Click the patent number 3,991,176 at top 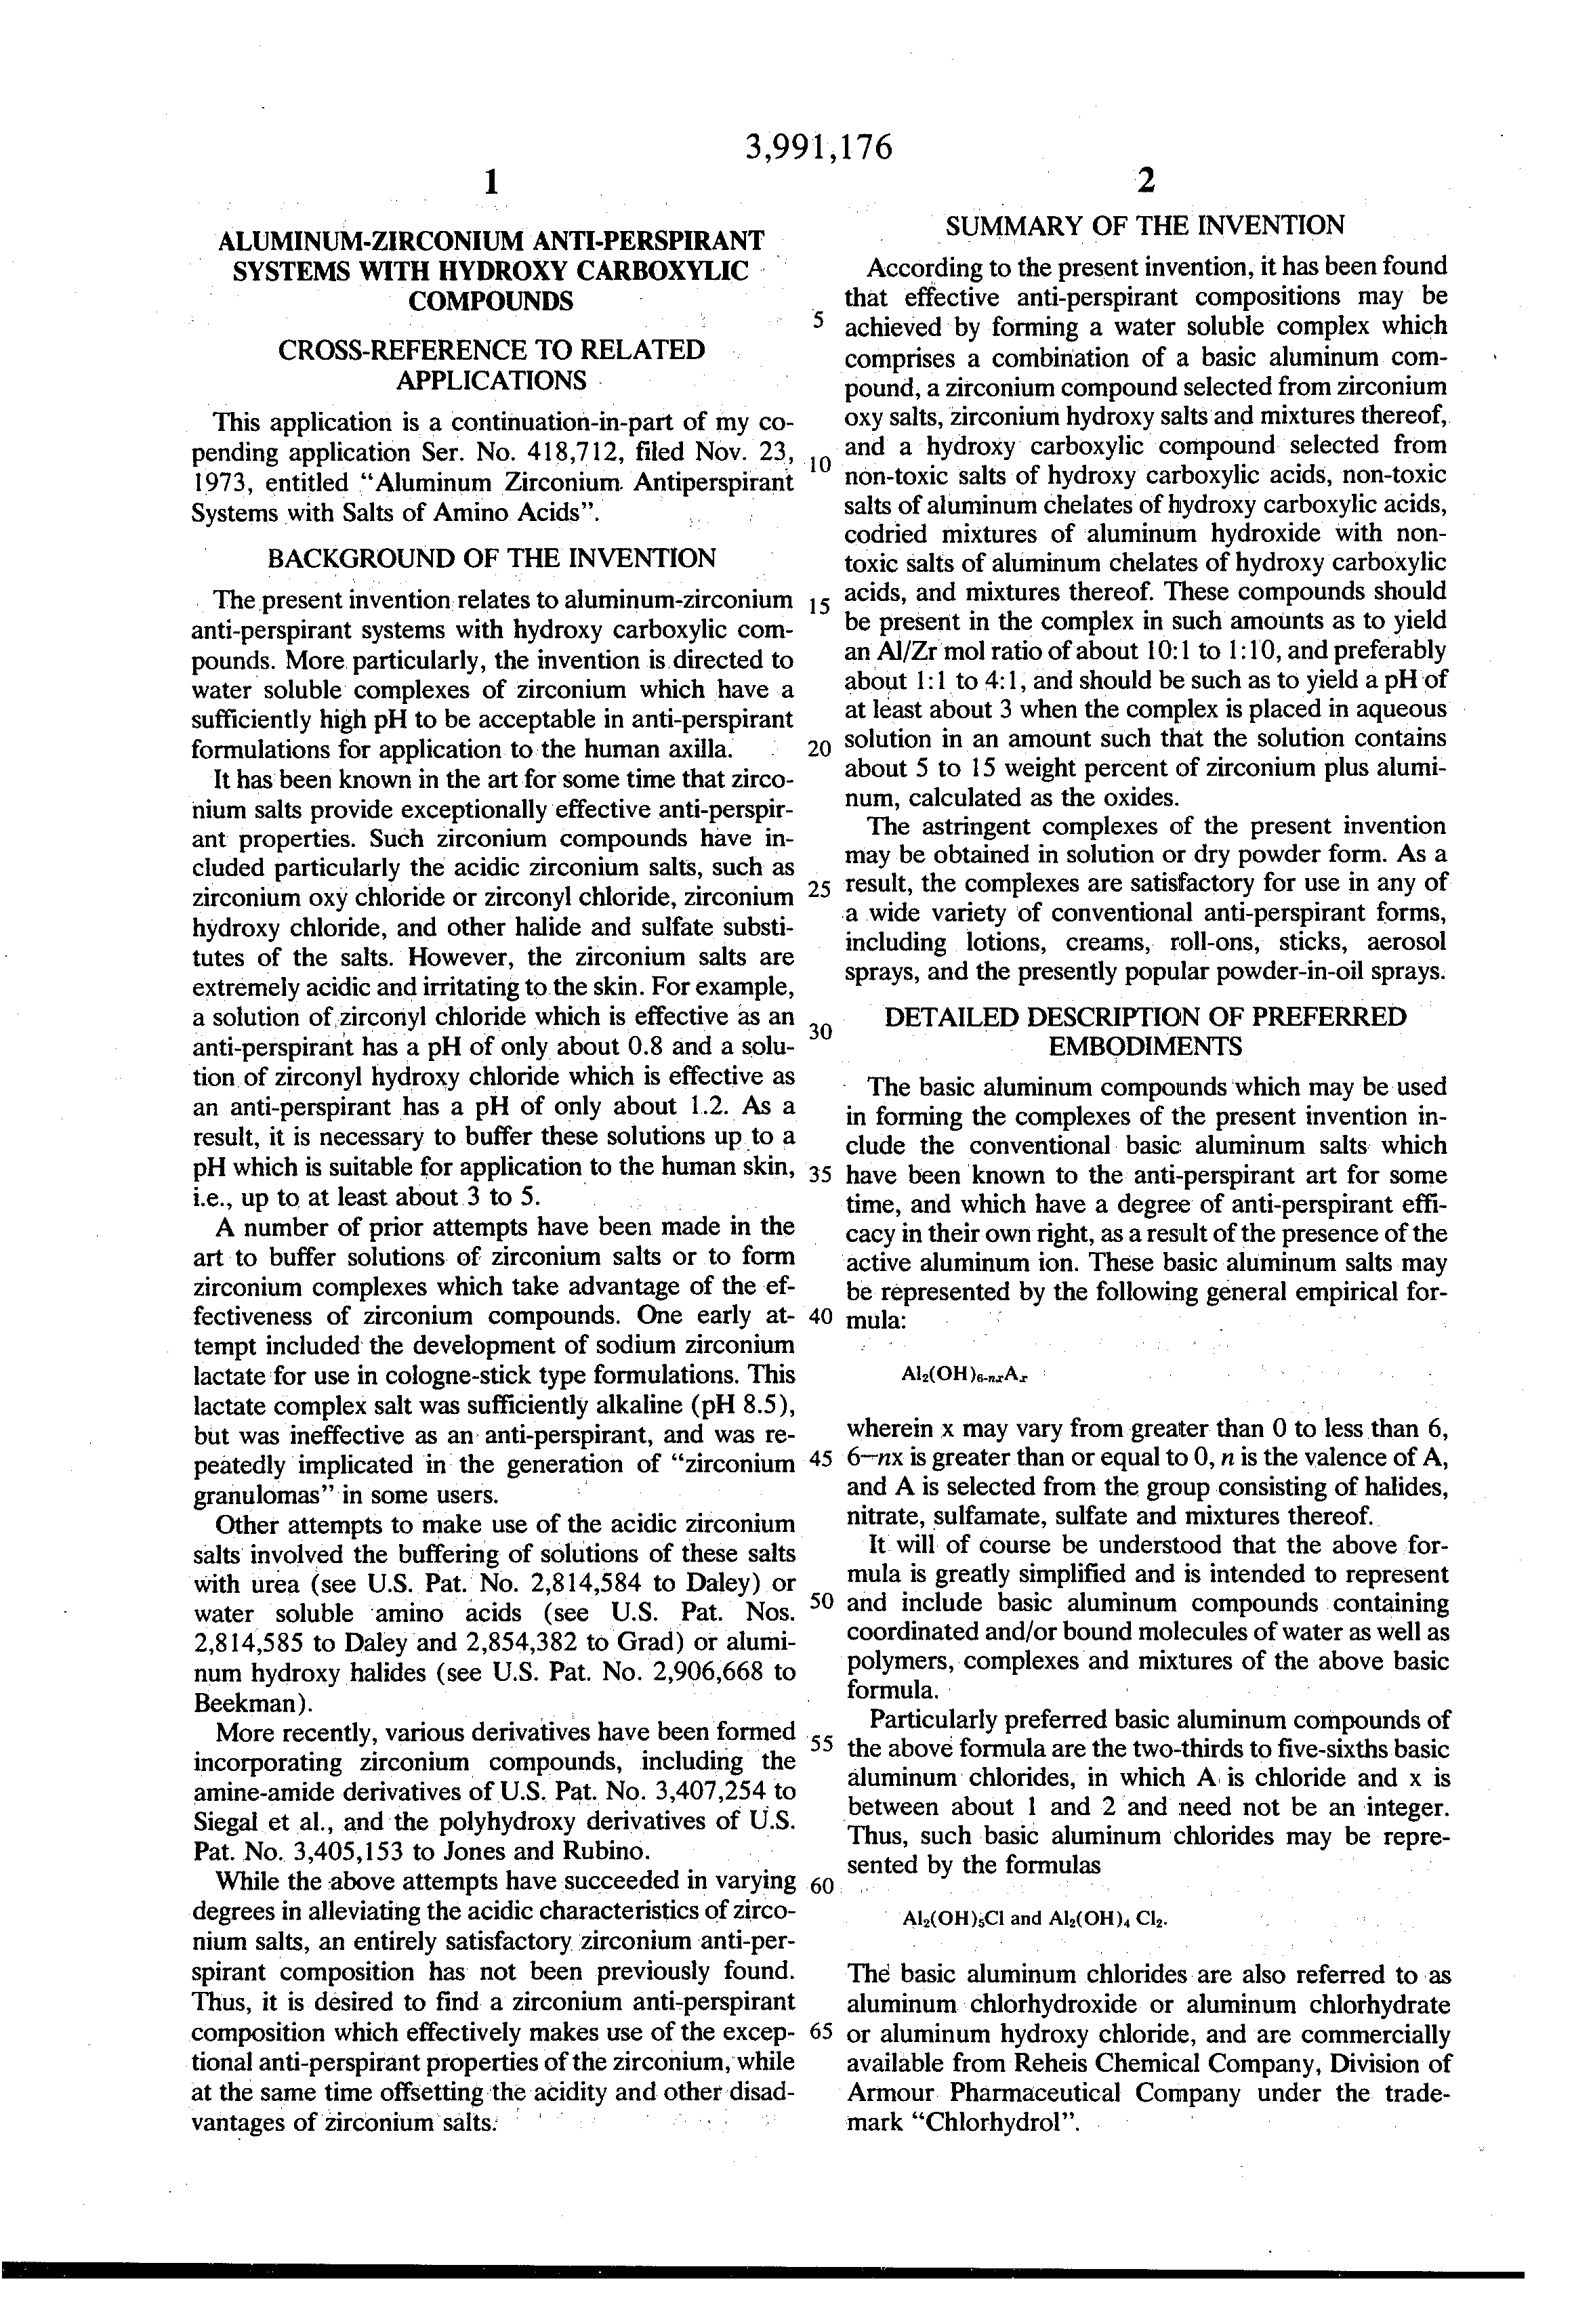(x=818, y=147)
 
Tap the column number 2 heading (x=1146, y=181)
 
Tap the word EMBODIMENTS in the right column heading (x=1144, y=1046)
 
